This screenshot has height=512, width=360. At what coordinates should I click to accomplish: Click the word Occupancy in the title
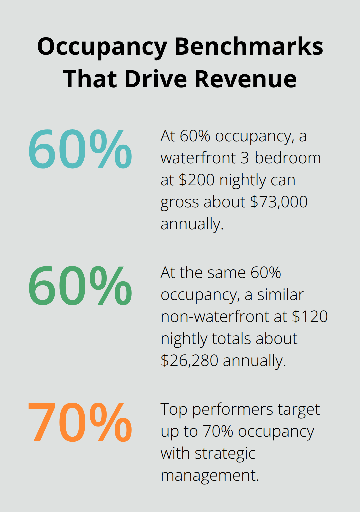[x=102, y=47]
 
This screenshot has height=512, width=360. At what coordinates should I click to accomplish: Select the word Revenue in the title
[x=245, y=79]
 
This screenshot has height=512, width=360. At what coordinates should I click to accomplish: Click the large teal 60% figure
[x=80, y=149]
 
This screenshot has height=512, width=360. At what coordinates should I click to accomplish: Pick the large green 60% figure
[x=80, y=286]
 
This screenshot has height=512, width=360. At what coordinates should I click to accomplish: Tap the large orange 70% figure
[x=80, y=423]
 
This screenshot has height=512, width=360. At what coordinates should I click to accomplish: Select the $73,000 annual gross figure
[x=279, y=202]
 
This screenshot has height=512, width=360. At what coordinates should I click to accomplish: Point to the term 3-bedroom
[x=281, y=158]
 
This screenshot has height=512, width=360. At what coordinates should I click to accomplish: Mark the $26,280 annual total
[x=189, y=361]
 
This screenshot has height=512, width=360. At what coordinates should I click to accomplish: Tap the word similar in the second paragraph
[x=280, y=295]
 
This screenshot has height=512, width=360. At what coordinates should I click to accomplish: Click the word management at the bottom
[x=209, y=475]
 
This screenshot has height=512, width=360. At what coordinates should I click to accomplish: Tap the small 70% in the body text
[x=218, y=431]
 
